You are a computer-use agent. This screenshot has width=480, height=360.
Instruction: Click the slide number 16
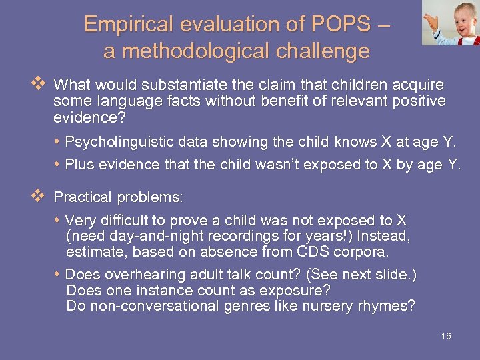tap(446, 336)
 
